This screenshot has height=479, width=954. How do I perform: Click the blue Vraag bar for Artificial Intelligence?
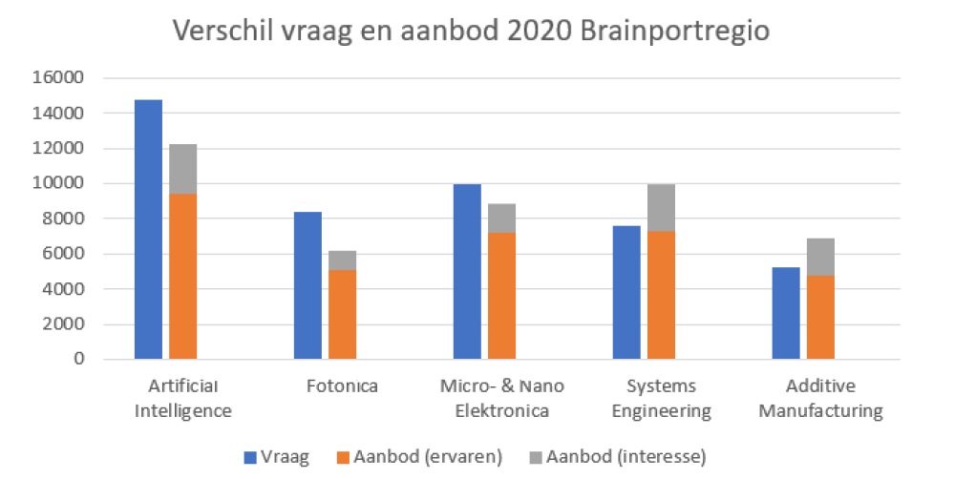pyautogui.click(x=148, y=229)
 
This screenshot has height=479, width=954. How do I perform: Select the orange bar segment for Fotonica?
pyautogui.click(x=343, y=314)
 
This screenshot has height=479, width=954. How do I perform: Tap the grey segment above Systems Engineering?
pyautogui.click(x=661, y=207)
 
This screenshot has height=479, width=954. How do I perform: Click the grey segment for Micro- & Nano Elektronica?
pyautogui.click(x=501, y=218)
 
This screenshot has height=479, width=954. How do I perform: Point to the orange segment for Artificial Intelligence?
pyautogui.click(x=183, y=277)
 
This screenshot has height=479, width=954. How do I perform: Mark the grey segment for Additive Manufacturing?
pyautogui.click(x=820, y=257)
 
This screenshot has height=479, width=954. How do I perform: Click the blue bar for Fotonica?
pyautogui.click(x=307, y=285)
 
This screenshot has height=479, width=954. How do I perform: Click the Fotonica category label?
pyautogui.click(x=342, y=386)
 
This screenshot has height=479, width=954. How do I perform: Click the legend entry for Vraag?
pyautogui.click(x=278, y=457)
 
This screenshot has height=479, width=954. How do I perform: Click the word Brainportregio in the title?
pyautogui.click(x=668, y=31)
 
